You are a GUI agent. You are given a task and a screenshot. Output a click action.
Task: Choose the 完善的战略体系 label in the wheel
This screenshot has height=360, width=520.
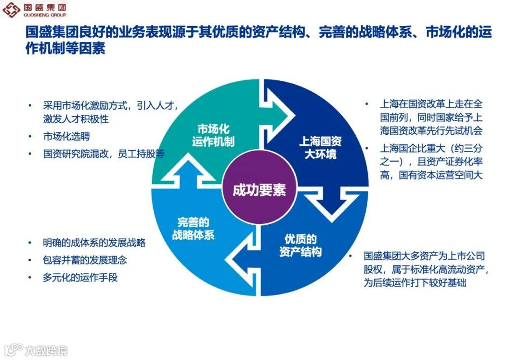[193, 229]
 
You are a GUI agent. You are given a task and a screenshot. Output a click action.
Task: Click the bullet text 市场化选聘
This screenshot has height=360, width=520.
[66, 136]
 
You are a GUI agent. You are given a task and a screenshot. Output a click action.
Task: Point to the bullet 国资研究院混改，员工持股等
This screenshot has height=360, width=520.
[104, 154]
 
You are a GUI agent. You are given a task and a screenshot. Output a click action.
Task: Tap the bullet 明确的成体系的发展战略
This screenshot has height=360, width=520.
[94, 243]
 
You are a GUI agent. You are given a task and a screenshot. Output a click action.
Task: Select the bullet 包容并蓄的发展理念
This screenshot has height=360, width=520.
[85, 260]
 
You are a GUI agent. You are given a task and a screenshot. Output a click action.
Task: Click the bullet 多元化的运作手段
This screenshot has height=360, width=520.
[80, 277]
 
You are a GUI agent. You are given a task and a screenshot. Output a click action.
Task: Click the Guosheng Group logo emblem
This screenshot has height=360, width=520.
[11, 10]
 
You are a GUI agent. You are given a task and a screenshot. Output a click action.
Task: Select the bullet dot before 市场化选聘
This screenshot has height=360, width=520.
[30, 136]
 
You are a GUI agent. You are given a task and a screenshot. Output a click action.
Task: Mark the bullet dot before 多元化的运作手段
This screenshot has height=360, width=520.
[30, 277]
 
